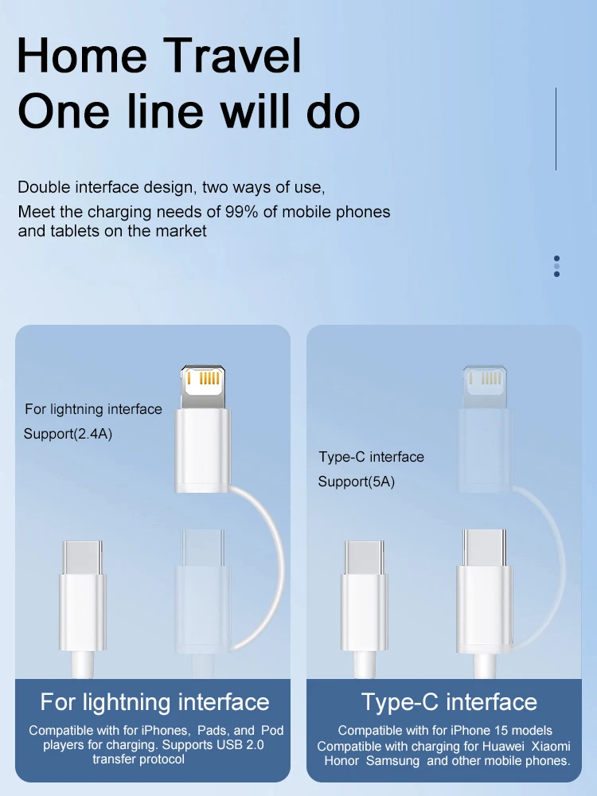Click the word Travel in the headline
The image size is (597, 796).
click(232, 55)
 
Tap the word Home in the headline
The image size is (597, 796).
click(82, 55)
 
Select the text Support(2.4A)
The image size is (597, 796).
click(68, 434)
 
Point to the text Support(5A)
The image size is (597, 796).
click(357, 482)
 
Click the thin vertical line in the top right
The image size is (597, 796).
click(556, 128)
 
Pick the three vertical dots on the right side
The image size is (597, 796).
click(557, 266)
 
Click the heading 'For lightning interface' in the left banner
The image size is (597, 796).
click(155, 702)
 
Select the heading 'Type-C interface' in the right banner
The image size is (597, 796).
click(449, 702)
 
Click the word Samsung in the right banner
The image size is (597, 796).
click(393, 761)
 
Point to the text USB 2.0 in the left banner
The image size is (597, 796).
click(240, 745)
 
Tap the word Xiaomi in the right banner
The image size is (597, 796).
click(551, 747)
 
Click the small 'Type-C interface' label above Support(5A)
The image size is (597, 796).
click(372, 457)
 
